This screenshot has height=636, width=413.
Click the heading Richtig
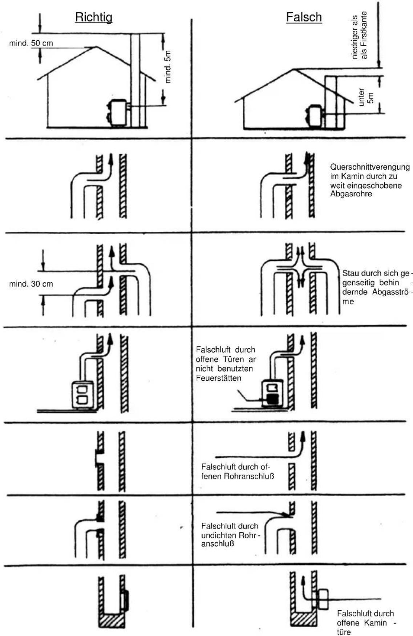(x=93, y=17)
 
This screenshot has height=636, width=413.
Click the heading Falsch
(x=304, y=17)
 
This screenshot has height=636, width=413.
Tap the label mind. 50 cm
(x=31, y=43)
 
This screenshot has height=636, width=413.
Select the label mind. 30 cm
(x=31, y=284)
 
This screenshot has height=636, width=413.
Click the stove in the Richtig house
(x=118, y=112)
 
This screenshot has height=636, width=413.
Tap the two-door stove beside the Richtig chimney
(x=83, y=394)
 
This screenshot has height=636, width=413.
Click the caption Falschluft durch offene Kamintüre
(x=365, y=623)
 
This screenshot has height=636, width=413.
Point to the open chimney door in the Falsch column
(x=322, y=599)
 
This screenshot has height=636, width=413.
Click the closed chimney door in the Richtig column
(x=126, y=601)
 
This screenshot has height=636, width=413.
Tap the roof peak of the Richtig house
(x=96, y=47)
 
